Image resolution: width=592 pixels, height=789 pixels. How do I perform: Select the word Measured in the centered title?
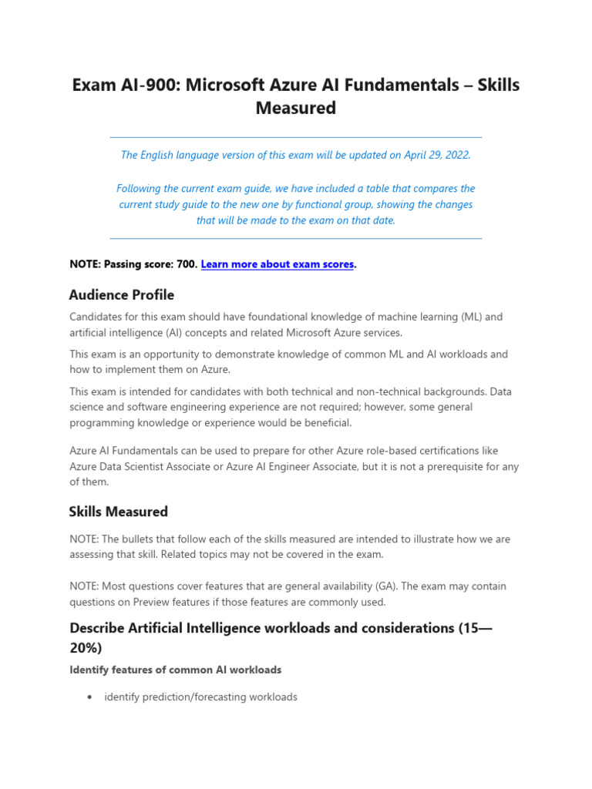pos(296,108)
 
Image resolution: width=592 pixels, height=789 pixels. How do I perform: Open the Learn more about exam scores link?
pos(277,264)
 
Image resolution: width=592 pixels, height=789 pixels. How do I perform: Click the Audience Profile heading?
pos(122,295)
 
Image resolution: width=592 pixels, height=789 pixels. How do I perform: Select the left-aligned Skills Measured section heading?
pos(118,512)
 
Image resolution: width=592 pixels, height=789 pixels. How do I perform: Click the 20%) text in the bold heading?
pos(86,648)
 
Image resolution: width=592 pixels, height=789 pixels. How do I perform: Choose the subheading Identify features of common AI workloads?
pos(175,670)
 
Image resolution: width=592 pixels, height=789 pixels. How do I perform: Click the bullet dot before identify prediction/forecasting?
pos(91,697)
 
